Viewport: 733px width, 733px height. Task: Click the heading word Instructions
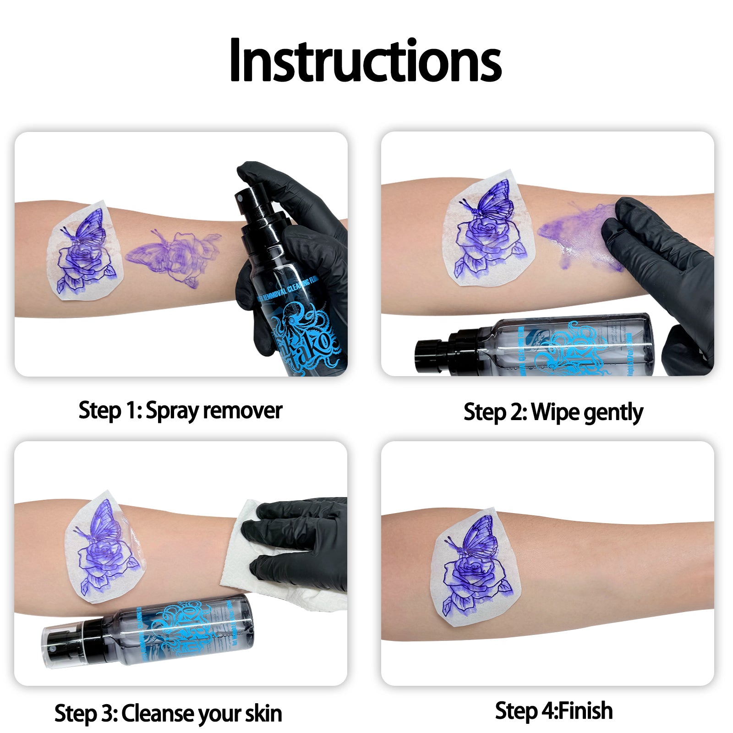click(x=365, y=61)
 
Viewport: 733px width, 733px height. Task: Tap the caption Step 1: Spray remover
click(x=180, y=410)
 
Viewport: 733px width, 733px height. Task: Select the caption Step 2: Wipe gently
click(x=553, y=412)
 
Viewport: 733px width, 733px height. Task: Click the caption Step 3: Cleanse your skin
click(x=168, y=713)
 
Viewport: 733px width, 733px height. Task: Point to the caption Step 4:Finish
click(x=554, y=711)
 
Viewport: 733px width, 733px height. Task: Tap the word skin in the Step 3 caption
click(x=263, y=713)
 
